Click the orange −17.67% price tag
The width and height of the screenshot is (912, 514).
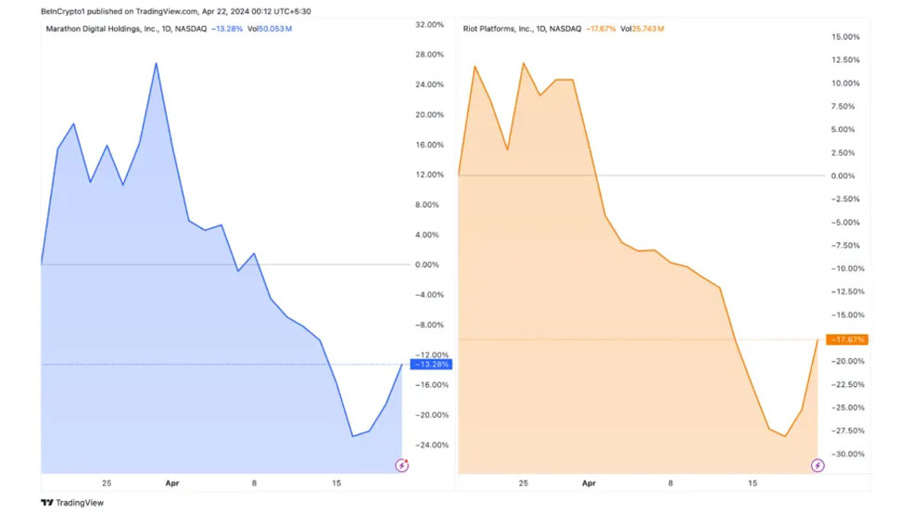(x=848, y=340)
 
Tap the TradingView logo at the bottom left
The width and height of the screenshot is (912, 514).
(x=72, y=503)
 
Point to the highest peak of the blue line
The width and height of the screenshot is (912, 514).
(x=157, y=63)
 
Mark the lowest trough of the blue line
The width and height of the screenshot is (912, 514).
(x=352, y=435)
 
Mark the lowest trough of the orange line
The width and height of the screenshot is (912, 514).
(x=785, y=436)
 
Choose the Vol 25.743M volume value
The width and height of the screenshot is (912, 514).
(x=642, y=29)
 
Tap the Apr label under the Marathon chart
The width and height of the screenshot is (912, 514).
(x=171, y=483)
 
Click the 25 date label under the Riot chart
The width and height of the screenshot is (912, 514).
(x=524, y=483)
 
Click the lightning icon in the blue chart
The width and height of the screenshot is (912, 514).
(x=401, y=464)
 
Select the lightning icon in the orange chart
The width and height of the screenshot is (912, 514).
(x=817, y=464)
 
